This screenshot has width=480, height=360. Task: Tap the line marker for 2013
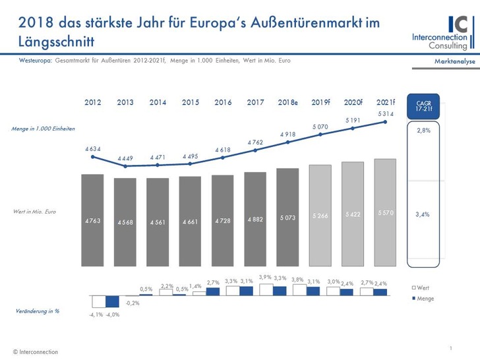click(125, 166)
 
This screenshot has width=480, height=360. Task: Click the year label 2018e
click(287, 103)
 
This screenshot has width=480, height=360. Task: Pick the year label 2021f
click(386, 103)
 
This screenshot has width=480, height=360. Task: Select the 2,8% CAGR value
click(424, 131)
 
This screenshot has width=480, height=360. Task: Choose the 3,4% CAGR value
click(424, 214)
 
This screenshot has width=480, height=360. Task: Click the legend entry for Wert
click(423, 289)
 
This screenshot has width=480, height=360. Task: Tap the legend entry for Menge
click(425, 299)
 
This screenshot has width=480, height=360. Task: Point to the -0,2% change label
click(132, 303)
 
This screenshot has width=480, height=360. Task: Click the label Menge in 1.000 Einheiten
click(43, 128)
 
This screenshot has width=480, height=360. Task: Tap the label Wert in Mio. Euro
click(34, 211)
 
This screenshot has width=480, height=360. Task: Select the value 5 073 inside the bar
click(287, 218)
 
